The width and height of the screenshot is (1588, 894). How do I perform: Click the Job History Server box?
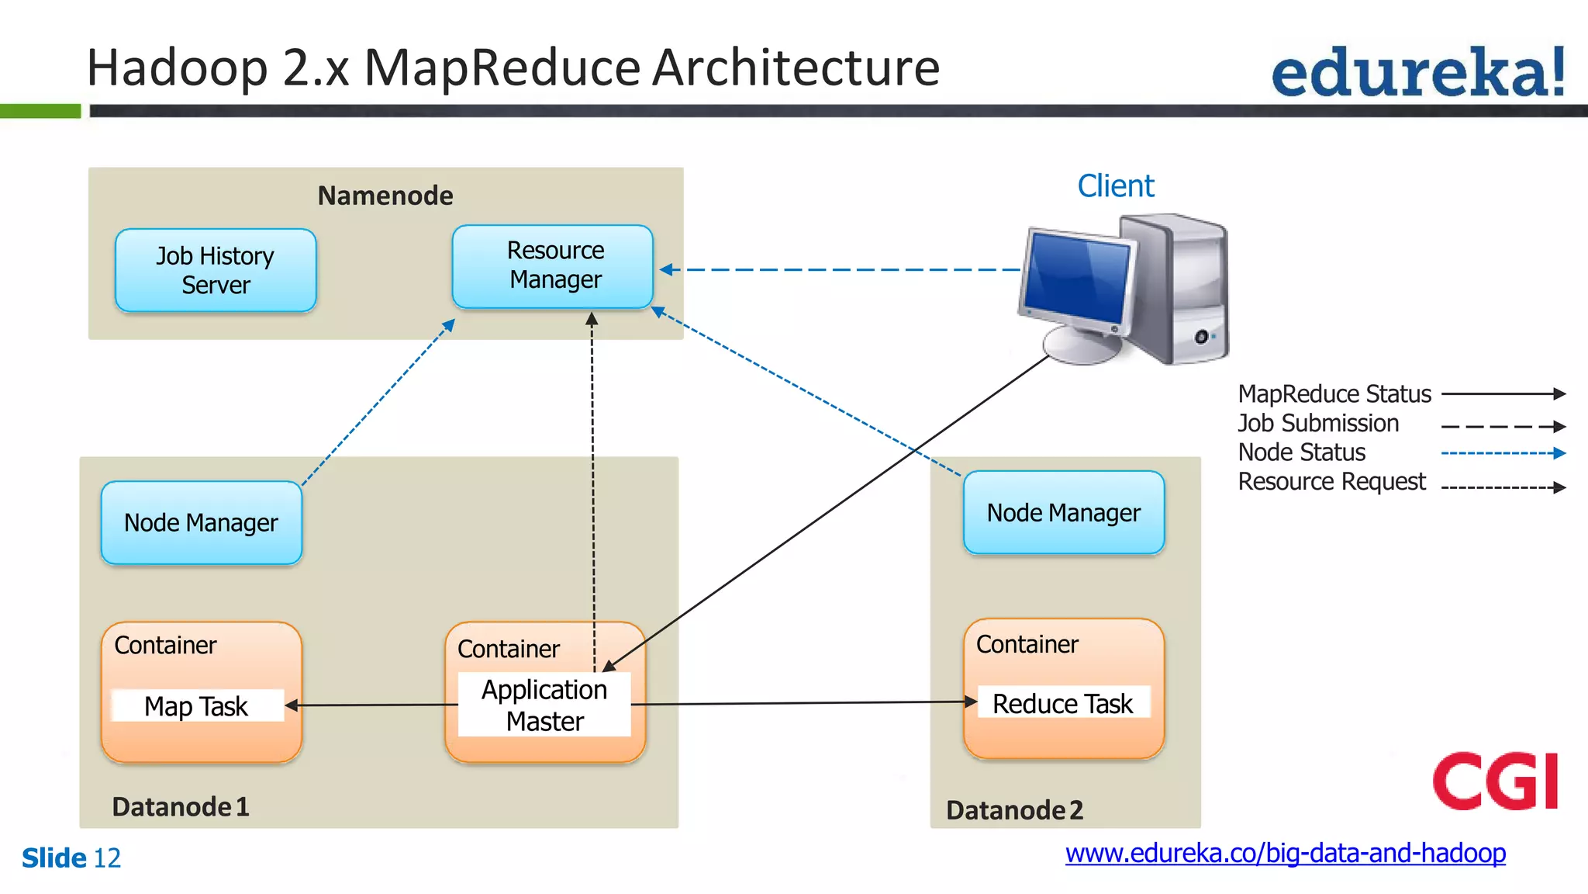(216, 270)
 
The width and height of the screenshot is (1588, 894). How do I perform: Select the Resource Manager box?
(553, 266)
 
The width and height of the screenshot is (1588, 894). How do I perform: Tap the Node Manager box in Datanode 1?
(201, 522)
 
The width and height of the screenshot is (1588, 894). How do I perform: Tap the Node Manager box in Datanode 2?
(1063, 512)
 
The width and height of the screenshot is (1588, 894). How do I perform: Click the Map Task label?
(197, 705)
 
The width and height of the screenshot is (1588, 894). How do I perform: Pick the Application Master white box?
(544, 705)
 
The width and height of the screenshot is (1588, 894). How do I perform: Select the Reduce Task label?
(1062, 703)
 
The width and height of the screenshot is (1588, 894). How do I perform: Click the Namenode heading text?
(385, 196)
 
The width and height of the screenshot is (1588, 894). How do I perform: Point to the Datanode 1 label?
(181, 806)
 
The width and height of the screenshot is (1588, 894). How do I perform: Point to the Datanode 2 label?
(1014, 809)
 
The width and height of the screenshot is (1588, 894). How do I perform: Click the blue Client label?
(1115, 186)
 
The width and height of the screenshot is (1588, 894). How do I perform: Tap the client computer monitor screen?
(1078, 279)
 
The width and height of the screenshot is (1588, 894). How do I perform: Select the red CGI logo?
(1495, 781)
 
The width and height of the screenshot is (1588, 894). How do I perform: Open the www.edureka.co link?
(1285, 853)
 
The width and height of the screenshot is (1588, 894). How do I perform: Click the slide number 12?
(107, 858)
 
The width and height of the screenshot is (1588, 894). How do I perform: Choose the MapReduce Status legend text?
(1334, 394)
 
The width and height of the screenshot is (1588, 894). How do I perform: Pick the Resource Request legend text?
(1331, 482)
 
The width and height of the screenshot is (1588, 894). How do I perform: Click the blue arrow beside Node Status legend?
(1503, 453)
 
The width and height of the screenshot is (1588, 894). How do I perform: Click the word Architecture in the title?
(796, 68)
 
